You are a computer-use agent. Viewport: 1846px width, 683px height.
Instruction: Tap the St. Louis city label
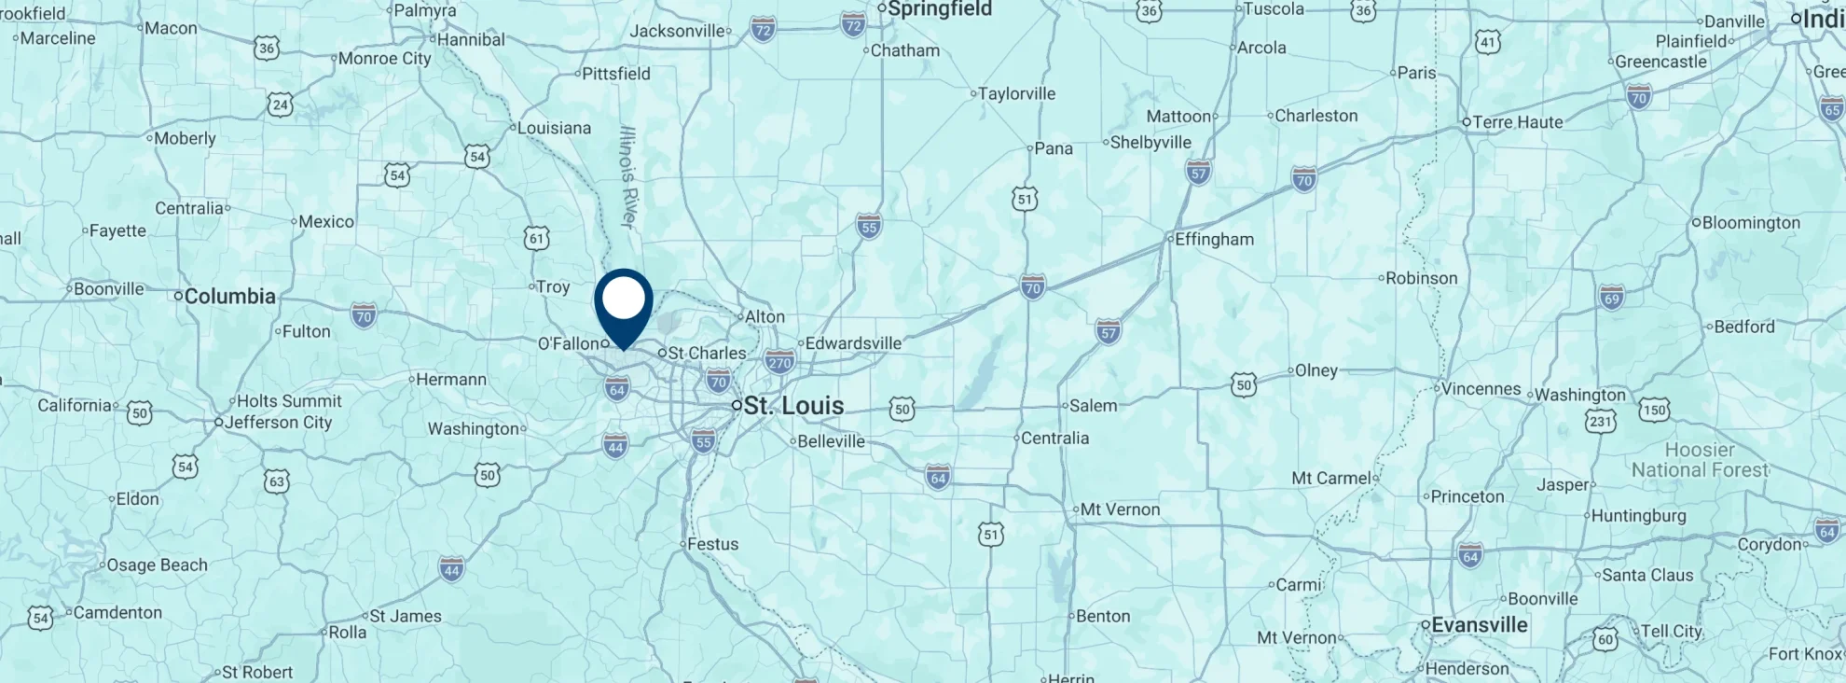tap(793, 406)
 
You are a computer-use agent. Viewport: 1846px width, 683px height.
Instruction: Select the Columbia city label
tap(229, 297)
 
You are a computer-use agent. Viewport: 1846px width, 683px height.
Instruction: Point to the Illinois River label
tap(627, 176)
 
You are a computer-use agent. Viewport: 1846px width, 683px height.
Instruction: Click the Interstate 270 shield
tap(779, 362)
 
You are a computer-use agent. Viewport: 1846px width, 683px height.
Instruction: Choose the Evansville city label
tap(1479, 625)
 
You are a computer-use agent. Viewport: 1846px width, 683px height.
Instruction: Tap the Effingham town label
tap(1213, 240)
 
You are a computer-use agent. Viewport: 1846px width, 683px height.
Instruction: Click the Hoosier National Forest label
tap(1700, 460)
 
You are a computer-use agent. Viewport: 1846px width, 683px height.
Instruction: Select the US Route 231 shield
tap(1600, 422)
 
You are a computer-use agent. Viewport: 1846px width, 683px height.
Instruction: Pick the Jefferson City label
tap(278, 423)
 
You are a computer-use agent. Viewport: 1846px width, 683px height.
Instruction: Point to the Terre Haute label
tap(1517, 122)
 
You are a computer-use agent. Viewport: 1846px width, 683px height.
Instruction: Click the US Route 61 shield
tap(537, 238)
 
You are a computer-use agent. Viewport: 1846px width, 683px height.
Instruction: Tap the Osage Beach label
tap(157, 565)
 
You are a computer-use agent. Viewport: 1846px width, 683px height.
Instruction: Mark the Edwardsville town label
tap(853, 343)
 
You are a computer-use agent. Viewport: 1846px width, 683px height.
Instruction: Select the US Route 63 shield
tap(276, 481)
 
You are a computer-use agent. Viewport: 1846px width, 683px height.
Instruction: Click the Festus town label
tap(712, 544)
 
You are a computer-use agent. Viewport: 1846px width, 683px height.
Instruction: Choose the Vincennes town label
tap(1481, 389)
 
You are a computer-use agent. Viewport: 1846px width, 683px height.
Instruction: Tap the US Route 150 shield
tap(1655, 410)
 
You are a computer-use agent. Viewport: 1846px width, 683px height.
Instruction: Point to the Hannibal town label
tap(471, 40)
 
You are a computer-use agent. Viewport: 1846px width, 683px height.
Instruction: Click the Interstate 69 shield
tap(1612, 298)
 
